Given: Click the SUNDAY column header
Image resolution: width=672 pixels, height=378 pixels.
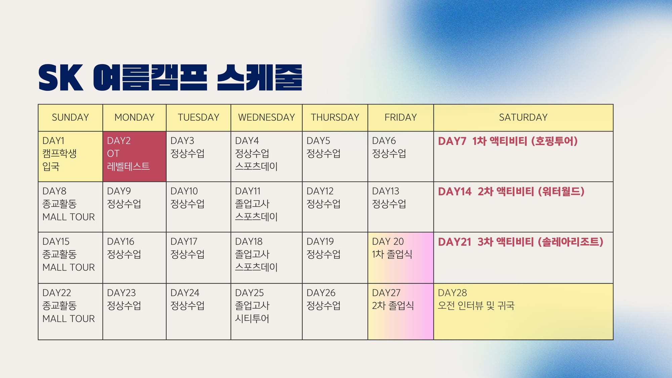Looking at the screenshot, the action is (x=70, y=118).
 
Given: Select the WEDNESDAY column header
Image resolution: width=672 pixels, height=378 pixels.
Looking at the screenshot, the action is (x=266, y=118).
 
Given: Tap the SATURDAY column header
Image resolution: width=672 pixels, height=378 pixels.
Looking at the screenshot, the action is (x=523, y=118).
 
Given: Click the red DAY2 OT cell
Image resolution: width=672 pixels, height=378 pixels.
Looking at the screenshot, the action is (x=134, y=157).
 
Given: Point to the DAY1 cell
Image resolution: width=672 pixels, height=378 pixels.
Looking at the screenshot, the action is (x=70, y=157).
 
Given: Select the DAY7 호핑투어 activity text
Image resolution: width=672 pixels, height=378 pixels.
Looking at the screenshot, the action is (x=508, y=141).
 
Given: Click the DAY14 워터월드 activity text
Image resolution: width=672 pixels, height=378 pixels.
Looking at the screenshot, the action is (x=511, y=192).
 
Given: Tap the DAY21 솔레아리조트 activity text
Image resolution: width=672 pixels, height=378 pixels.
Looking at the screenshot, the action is (x=520, y=242).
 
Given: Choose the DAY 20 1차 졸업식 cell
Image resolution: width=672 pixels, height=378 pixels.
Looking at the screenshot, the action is (x=401, y=258).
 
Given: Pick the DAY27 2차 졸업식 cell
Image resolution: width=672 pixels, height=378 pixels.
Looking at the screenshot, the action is (x=401, y=311).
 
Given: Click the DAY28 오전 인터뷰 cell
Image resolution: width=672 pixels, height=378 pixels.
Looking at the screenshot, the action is (x=523, y=311).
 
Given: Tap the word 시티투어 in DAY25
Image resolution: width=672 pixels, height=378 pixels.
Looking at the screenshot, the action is (x=252, y=319).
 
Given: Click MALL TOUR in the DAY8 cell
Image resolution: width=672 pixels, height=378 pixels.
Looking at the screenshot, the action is (x=69, y=217).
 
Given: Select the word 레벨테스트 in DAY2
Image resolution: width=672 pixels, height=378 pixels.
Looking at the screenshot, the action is (x=128, y=166).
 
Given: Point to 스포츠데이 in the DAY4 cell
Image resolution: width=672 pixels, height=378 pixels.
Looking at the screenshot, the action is (x=256, y=166).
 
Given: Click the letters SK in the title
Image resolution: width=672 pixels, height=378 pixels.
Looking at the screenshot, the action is (x=60, y=78).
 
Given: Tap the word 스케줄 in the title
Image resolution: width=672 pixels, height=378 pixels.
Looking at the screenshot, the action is (x=259, y=78).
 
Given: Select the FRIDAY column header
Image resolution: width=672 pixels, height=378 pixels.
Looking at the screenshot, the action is (x=401, y=118).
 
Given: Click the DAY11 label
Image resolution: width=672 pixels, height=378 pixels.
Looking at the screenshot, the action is (x=248, y=191).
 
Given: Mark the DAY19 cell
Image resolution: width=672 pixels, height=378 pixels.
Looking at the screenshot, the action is (x=335, y=258).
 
